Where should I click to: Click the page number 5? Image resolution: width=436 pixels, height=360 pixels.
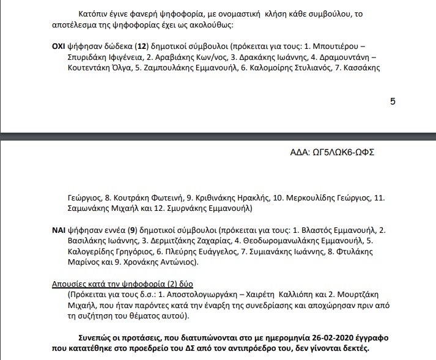point(393,101)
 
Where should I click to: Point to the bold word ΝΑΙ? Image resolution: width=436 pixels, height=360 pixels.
point(59,230)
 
